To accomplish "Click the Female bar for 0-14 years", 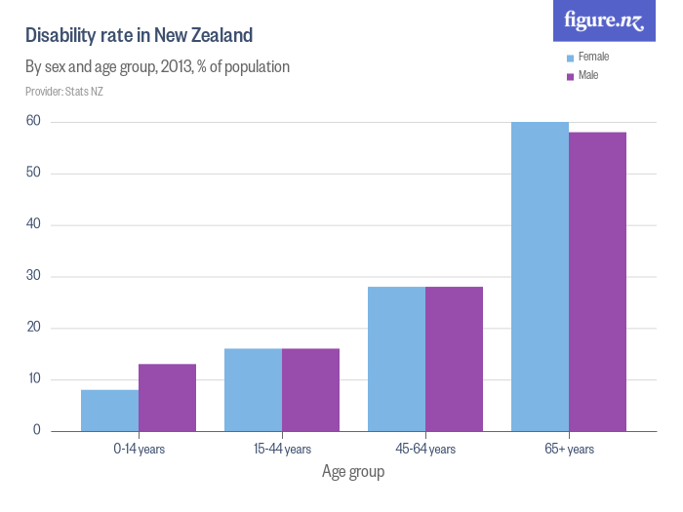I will [x=109, y=411].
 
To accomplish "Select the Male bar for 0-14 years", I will [x=167, y=398].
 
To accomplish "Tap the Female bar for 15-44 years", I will [x=253, y=390].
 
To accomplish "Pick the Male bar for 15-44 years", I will [x=310, y=390].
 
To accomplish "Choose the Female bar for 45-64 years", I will [x=396, y=359].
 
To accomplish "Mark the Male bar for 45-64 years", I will [x=454, y=359].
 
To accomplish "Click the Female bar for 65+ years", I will [x=540, y=276].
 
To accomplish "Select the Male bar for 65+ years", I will [x=597, y=282].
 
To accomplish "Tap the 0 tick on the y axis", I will [x=36, y=430].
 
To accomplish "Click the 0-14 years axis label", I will [x=139, y=449].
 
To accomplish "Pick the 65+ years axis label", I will [x=569, y=449].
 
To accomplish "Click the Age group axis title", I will [x=353, y=472].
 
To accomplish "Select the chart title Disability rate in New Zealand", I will [x=139, y=36].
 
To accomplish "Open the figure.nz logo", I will [x=604, y=20].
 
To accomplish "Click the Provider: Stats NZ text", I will [x=64, y=92].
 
